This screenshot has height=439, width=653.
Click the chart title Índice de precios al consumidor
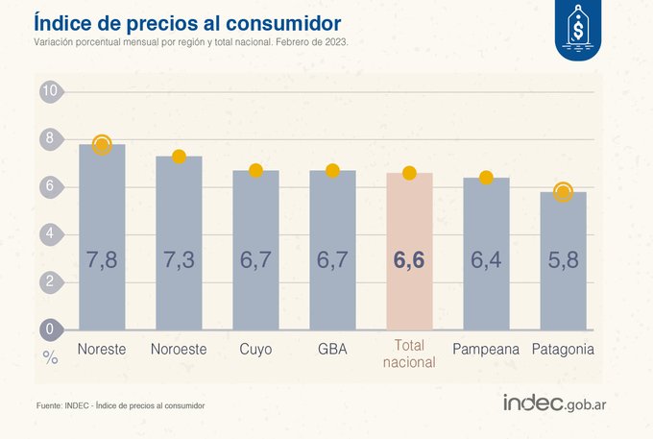point(186,21)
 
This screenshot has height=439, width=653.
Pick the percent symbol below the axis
point(50,356)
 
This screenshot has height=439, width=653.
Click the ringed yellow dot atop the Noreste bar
point(102,145)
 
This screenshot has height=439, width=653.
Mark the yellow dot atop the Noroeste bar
point(179,157)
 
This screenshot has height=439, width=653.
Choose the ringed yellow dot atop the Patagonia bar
point(563,192)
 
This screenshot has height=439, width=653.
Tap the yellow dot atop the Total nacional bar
point(409,173)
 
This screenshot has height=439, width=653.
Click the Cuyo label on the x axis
point(255,349)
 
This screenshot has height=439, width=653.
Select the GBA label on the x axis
point(332,349)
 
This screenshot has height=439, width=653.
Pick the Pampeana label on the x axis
point(486,349)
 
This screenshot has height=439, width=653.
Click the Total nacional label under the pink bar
point(409,355)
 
